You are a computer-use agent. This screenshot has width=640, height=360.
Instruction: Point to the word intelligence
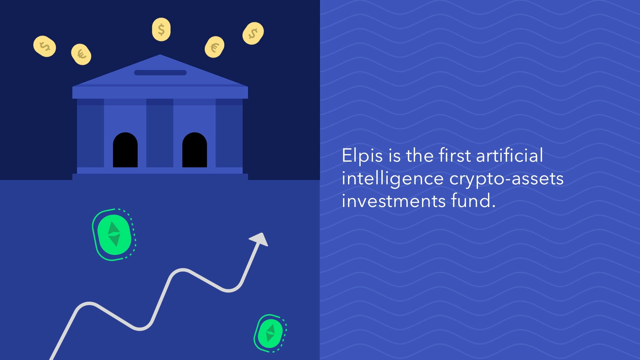(392, 179)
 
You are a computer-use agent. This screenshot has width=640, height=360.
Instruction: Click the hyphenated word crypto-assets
(506, 179)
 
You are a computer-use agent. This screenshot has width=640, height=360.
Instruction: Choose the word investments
(394, 201)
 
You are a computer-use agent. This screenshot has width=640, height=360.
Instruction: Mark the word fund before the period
(471, 201)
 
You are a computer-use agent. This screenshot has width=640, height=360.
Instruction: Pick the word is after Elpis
(394, 156)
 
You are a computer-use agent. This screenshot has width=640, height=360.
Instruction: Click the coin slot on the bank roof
(160, 73)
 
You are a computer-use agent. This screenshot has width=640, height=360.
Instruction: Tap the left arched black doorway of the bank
(125, 150)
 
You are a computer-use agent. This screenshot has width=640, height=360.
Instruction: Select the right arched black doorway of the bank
(195, 150)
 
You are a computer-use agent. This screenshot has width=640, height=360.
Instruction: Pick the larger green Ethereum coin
(114, 235)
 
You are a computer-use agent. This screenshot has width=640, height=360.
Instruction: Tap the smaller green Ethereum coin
(270, 333)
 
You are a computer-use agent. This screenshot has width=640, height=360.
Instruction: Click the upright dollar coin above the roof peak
(161, 30)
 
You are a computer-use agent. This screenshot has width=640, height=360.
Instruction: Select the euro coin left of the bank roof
(81, 54)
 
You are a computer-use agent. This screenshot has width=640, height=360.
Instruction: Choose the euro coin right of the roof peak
(214, 47)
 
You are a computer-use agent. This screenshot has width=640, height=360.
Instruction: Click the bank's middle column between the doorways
(160, 133)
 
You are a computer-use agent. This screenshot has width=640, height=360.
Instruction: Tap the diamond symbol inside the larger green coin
(114, 234)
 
